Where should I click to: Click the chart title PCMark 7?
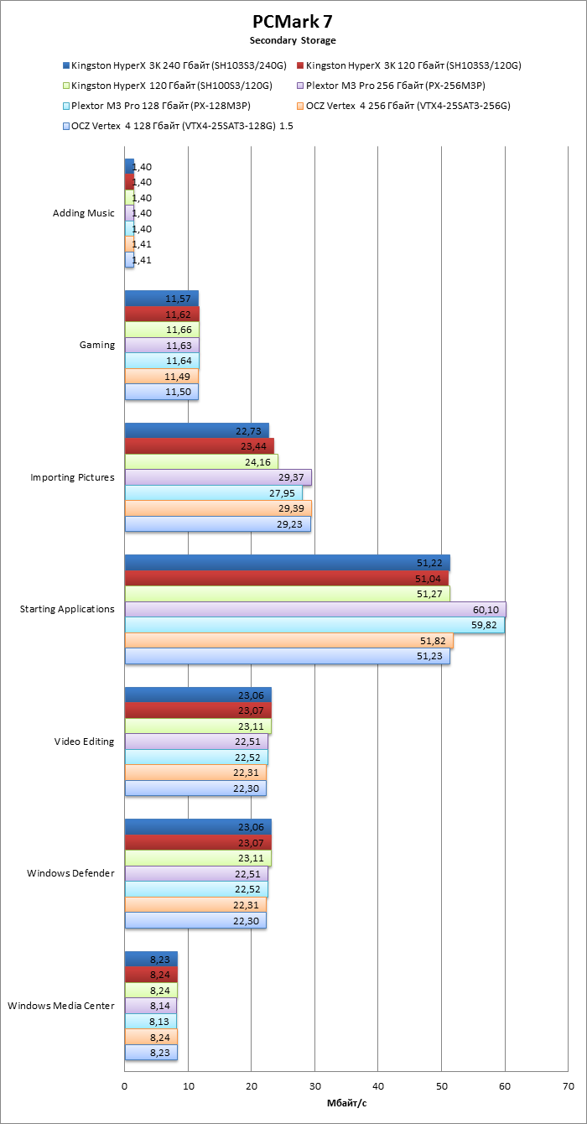293,22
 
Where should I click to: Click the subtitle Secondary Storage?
293,40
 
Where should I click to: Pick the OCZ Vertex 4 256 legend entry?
408,106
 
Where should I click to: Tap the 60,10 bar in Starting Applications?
315,610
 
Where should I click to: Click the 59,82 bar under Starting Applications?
314,625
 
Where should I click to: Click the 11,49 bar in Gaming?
161,377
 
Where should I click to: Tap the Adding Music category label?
83,213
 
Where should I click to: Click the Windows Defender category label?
70,873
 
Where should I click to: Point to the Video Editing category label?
84,742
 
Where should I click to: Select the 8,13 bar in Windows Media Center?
150,1021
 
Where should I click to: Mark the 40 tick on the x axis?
377,1086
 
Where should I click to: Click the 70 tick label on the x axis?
568,1086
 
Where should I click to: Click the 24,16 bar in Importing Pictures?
201,462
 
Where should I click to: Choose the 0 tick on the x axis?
124,1086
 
